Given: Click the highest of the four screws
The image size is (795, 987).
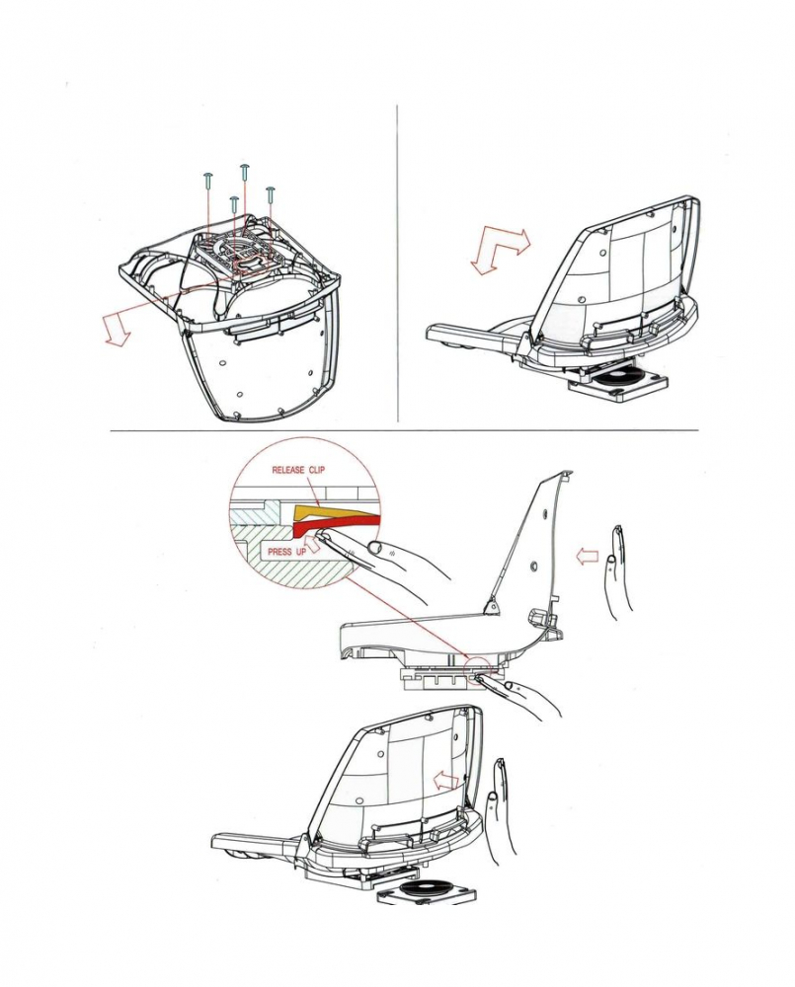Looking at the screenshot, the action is [x=244, y=171].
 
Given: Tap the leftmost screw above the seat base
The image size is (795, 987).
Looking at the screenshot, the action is [x=207, y=180].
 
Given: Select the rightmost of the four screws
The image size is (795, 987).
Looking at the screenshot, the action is [x=271, y=193].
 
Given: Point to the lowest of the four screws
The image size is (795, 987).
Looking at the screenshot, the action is [x=233, y=204].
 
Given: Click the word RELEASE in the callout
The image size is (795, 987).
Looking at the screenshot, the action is [x=288, y=470].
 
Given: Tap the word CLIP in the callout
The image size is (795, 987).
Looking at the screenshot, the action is [x=317, y=470].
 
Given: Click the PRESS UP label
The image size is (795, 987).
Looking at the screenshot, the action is [x=286, y=552].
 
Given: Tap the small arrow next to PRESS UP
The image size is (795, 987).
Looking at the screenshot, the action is [x=312, y=544].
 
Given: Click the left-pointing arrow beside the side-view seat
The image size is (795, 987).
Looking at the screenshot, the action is [x=587, y=556].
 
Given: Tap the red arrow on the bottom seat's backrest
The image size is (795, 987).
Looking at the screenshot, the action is [x=446, y=781].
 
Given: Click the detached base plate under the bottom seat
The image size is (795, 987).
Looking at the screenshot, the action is [x=427, y=889].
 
